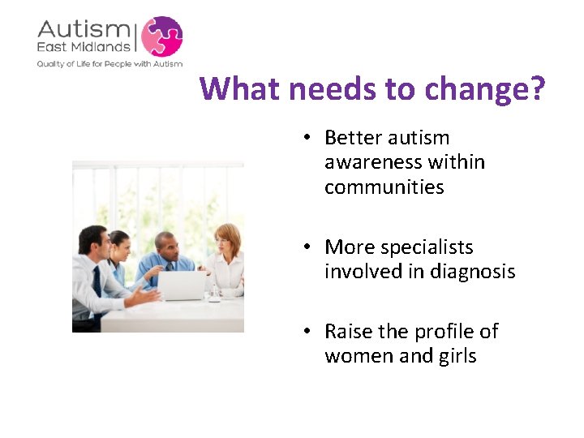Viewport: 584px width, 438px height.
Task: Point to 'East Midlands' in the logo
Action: (x=84, y=48)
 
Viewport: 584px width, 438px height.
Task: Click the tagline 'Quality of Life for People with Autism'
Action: (x=109, y=63)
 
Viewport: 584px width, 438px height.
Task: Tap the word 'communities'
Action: (x=384, y=187)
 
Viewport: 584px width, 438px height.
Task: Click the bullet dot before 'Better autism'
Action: (x=309, y=139)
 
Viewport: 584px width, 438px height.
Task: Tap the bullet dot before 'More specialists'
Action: (x=309, y=247)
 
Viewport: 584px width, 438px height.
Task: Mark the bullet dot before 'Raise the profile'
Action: (x=309, y=332)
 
